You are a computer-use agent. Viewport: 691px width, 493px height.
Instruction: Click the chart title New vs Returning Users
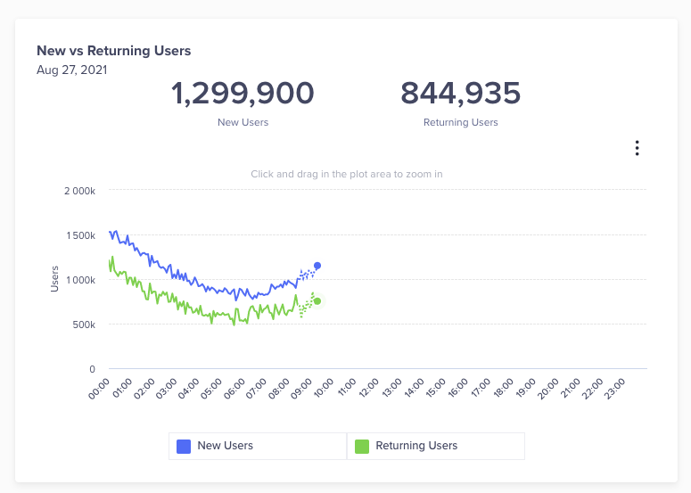pos(113,51)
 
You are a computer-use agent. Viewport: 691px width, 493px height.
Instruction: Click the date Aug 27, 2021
pos(72,70)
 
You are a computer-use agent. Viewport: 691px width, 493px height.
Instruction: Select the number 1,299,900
pos(243,94)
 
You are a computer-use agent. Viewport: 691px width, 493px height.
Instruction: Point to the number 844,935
pos(460,94)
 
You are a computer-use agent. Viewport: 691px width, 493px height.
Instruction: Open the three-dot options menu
pos(637,148)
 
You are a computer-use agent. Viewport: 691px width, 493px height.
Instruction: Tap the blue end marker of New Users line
pos(317,266)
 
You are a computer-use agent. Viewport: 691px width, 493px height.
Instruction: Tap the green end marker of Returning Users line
pos(317,301)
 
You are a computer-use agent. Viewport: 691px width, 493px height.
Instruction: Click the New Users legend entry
pos(225,446)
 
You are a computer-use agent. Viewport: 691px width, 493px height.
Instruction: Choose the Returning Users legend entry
pos(416,446)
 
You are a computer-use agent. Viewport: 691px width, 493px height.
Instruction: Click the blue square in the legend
pos(184,446)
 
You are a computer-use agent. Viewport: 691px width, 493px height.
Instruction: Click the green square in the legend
pos(362,446)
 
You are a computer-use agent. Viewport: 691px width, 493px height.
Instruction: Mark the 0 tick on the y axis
pos(93,369)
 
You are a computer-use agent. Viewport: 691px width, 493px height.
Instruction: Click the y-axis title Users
pos(54,278)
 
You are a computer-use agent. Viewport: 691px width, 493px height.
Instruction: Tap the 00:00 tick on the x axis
pos(100,388)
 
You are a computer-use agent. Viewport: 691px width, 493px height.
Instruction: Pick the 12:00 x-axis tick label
pos(368,388)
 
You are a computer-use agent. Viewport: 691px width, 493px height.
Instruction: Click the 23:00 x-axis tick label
pos(615,388)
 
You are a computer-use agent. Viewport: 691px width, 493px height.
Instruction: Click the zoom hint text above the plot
pos(347,175)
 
